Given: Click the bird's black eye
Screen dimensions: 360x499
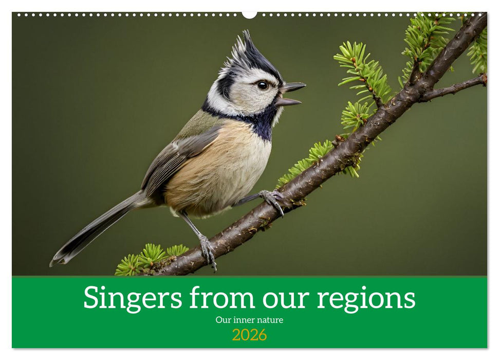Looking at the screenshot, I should pos(262,85).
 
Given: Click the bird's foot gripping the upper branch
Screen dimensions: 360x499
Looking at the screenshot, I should pos(272,199).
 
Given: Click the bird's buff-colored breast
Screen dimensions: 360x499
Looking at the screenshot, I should pos(226,165).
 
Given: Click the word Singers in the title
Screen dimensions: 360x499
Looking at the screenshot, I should pos(132,298).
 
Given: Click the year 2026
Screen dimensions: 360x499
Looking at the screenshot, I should pos(249,335).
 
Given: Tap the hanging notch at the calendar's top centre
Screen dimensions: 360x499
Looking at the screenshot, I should pos(249,14).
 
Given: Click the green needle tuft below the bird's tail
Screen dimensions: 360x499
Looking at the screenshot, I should pos(149,257).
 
